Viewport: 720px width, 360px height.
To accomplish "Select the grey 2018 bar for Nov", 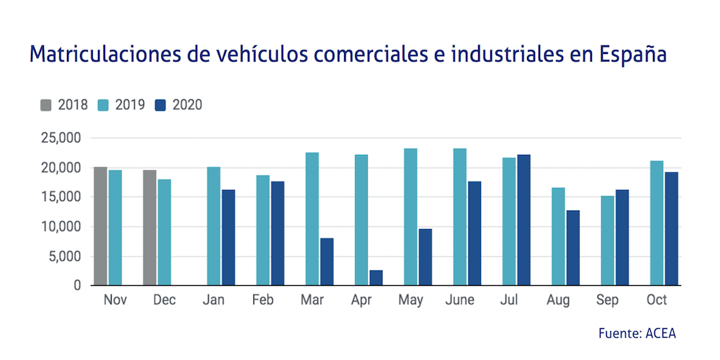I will point(100,226).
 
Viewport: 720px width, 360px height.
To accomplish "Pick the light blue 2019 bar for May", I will point(410,217).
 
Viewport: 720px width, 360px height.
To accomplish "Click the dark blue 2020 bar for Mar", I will point(327,262).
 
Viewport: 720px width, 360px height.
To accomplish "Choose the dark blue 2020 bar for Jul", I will point(523,220).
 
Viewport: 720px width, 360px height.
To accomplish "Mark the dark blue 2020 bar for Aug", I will point(572,248).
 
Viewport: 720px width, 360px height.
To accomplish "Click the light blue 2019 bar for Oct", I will point(657,223).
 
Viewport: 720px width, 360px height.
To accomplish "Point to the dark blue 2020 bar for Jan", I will point(228,238).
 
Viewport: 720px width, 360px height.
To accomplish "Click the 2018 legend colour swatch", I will point(46,105).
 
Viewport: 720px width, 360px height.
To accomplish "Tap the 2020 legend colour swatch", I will point(161,105).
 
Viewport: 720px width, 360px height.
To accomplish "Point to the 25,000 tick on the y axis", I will point(60,138).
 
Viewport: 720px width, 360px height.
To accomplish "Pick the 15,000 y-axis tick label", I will point(60,197).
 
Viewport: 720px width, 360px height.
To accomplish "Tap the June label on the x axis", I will point(459,300).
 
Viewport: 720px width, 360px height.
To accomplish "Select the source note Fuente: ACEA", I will point(637,333).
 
